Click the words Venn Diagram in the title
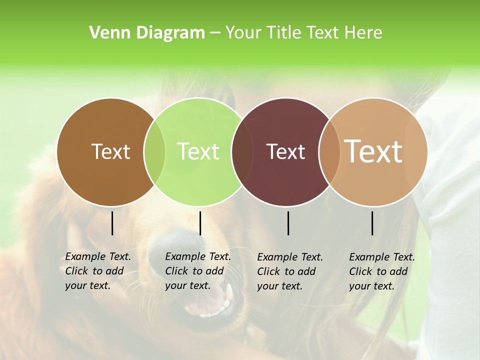point(147,33)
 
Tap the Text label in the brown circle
point(110,151)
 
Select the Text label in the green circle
point(198,151)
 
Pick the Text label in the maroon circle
point(285,151)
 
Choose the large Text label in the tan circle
point(373,151)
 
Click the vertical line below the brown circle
point(112,223)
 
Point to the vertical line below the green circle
point(200,223)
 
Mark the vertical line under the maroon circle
point(288,223)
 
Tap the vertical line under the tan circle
point(372,223)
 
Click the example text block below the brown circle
point(98,271)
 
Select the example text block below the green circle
point(198,271)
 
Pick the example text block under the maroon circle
point(290,271)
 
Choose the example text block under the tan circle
point(382,271)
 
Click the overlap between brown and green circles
point(154,152)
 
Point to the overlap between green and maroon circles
point(242,152)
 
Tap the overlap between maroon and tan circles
point(329,152)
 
